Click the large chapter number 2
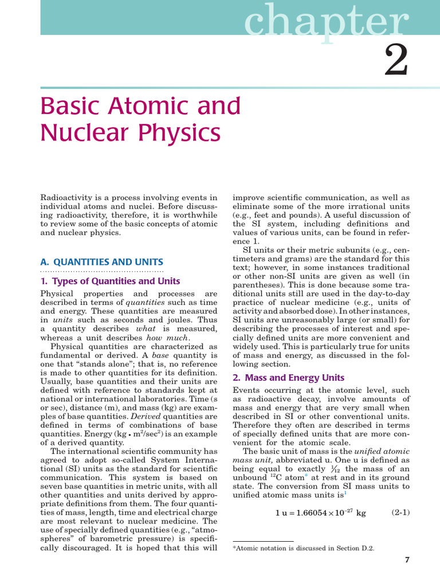click(396, 61)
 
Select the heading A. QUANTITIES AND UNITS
click(101, 261)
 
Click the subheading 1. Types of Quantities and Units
click(110, 281)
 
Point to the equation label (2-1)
click(400, 512)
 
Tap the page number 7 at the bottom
click(407, 560)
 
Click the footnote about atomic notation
click(303, 548)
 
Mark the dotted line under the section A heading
click(101, 270)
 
